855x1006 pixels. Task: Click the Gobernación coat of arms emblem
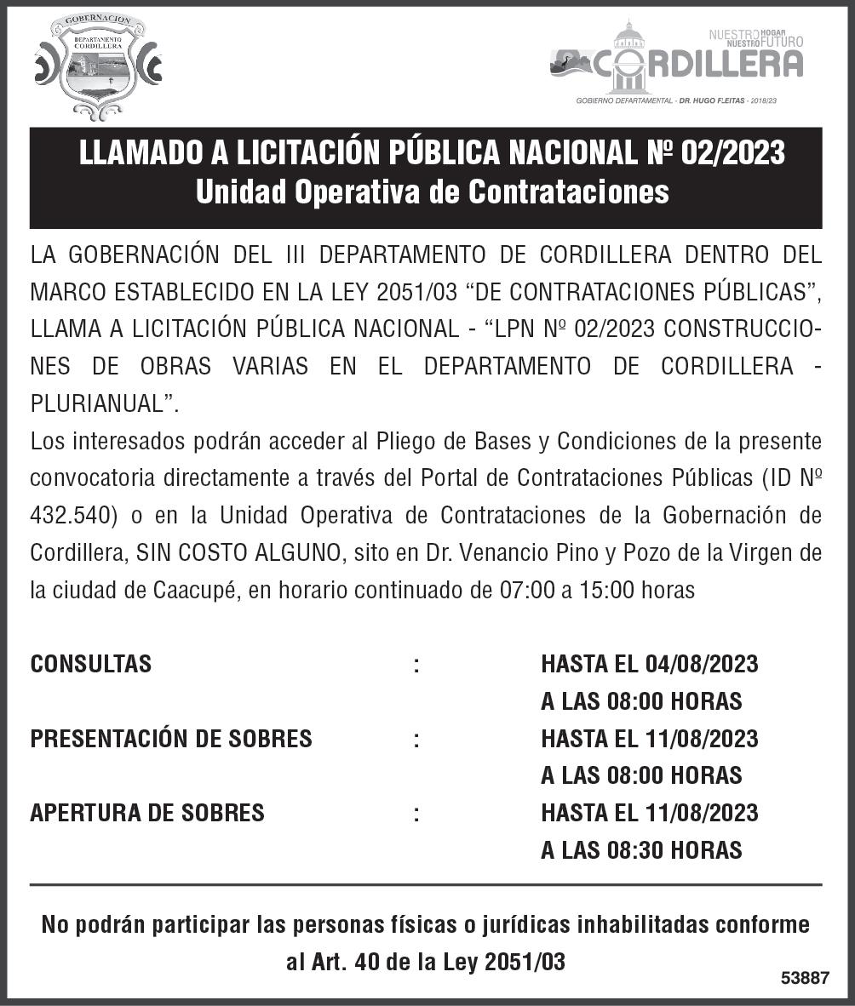point(98,66)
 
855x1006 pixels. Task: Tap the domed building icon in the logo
point(629,58)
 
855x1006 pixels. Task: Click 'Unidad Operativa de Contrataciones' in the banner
point(432,191)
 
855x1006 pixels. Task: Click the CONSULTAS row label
point(90,664)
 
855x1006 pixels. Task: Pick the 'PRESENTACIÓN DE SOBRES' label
point(171,739)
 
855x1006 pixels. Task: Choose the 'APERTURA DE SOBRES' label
point(147,813)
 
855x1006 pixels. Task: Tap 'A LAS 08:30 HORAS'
point(641,849)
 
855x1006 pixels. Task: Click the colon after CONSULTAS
point(416,664)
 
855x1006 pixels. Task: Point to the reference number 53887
point(805,978)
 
